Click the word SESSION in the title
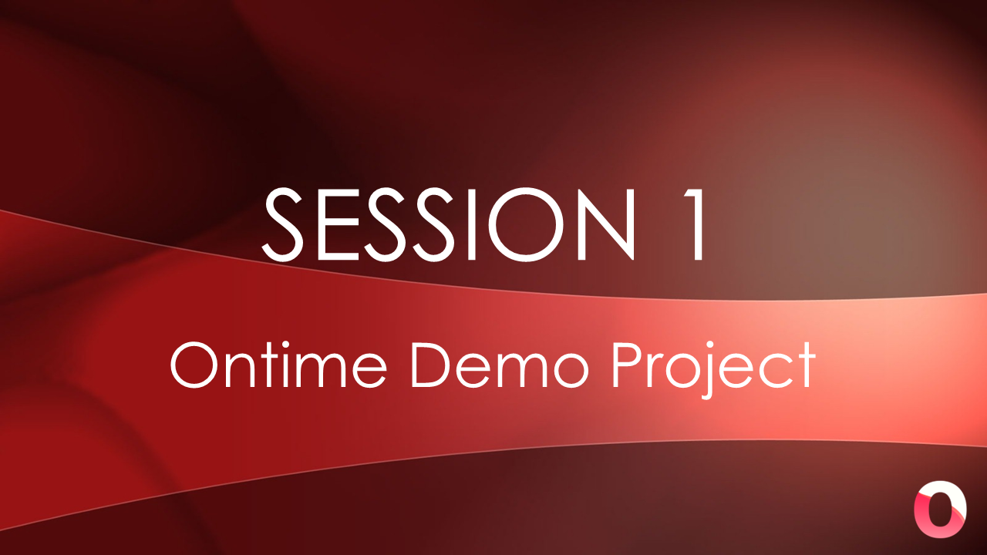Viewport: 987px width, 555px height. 450,224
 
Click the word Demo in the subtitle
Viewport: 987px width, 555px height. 499,365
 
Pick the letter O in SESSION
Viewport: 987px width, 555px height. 530,224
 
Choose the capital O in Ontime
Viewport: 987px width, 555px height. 193,366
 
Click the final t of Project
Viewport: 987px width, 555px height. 807,366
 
